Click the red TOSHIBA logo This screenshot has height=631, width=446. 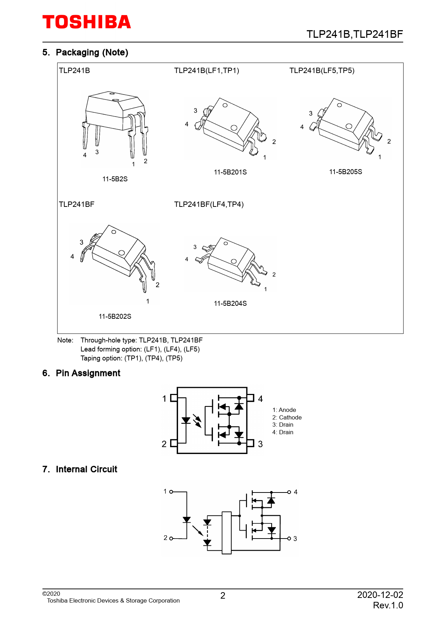click(87, 22)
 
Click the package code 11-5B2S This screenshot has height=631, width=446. click(115, 179)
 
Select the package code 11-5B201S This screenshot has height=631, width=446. click(230, 172)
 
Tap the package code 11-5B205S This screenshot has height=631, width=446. click(345, 172)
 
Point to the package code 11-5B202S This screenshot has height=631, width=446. click(115, 316)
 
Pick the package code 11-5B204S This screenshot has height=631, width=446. click(230, 303)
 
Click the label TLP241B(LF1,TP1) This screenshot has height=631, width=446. click(206, 71)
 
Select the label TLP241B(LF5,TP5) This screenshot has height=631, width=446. click(322, 71)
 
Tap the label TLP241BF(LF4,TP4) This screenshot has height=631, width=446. click(209, 204)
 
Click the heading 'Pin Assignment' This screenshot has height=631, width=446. click(88, 373)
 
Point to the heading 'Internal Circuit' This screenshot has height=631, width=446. click(86, 469)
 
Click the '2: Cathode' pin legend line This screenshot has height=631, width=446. click(287, 417)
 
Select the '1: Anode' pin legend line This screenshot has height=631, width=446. click(284, 410)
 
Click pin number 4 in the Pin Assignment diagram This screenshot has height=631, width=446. click(260, 399)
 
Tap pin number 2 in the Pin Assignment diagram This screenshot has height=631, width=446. click(164, 444)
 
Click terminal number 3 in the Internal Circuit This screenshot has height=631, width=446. click(295, 539)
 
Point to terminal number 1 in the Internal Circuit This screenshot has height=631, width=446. click(165, 491)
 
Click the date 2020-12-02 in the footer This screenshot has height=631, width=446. click(380, 595)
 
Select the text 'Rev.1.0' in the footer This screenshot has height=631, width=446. click(388, 605)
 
